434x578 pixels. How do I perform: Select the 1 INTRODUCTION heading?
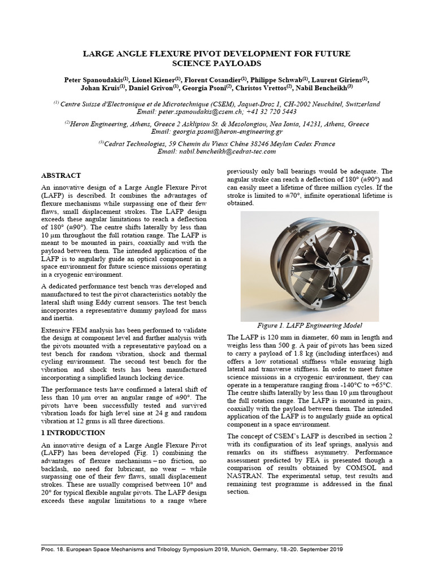(73, 433)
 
